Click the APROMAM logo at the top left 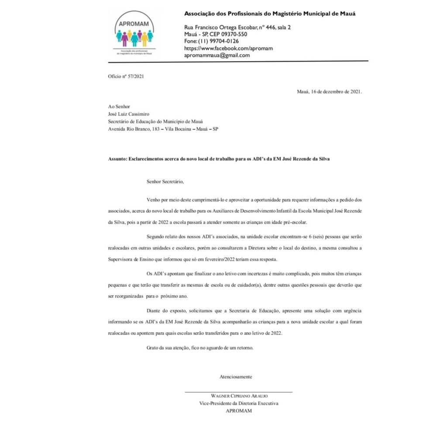coord(134,34)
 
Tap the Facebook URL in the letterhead coord(228,48)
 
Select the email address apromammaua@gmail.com coord(217,55)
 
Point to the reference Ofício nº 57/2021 coord(126,76)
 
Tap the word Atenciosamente coord(236,376)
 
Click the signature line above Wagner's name coord(239,392)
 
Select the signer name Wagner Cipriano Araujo coord(239,396)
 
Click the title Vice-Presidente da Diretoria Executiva coord(239,403)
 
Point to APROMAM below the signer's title coord(239,411)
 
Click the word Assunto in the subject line coord(117,159)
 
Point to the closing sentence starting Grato coord(199,348)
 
